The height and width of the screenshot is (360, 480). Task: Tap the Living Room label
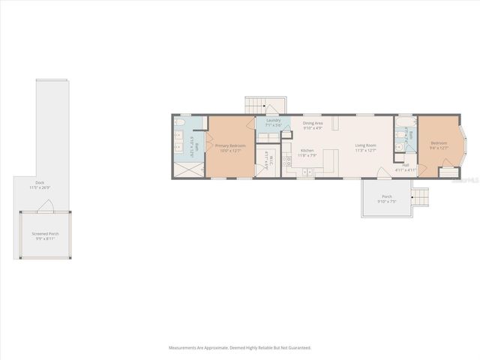pyautogui.click(x=365, y=145)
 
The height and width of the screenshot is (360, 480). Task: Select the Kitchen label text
pyautogui.click(x=307, y=150)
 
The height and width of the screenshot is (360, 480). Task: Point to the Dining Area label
pyautogui.click(x=313, y=123)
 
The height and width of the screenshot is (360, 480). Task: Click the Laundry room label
pyautogui.click(x=273, y=120)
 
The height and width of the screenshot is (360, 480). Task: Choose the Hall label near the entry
pyautogui.click(x=404, y=166)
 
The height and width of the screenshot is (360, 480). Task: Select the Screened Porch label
pyautogui.click(x=45, y=233)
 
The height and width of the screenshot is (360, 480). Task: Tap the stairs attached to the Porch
pyautogui.click(x=421, y=196)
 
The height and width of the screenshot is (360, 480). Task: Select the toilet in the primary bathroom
pyautogui.click(x=180, y=121)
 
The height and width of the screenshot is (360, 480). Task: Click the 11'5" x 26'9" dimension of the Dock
pyautogui.click(x=39, y=187)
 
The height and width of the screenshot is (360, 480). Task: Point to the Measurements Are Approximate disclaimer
pyautogui.click(x=239, y=347)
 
